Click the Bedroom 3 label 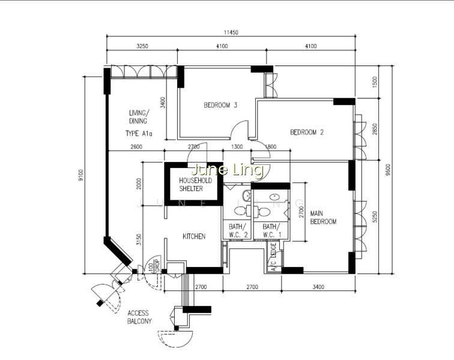(x=220, y=105)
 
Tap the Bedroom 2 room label (x=307, y=132)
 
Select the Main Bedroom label (x=323, y=218)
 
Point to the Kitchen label (x=194, y=236)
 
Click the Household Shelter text (x=195, y=185)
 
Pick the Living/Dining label (x=139, y=116)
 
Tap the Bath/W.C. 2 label (x=238, y=230)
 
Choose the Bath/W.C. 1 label (x=271, y=230)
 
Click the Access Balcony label (x=139, y=317)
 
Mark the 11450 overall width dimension (x=231, y=32)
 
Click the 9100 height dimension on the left (x=81, y=175)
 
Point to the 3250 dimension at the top (x=142, y=46)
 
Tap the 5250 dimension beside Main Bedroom (x=375, y=217)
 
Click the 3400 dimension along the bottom (x=318, y=287)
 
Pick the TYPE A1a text (x=139, y=133)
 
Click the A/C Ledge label (x=273, y=257)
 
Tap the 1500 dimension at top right (x=375, y=82)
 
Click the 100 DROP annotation (x=154, y=265)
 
